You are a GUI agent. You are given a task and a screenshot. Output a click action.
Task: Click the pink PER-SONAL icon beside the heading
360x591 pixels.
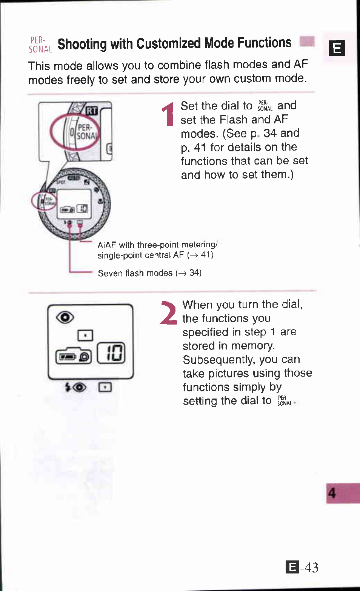click(40, 45)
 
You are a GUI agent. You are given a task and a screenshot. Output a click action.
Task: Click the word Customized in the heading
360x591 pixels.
click(168, 43)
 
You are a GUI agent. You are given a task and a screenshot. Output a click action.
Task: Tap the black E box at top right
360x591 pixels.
click(337, 48)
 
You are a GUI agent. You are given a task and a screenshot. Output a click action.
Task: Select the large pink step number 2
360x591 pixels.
click(168, 313)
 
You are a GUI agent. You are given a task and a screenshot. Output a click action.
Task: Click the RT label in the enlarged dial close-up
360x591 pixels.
click(92, 111)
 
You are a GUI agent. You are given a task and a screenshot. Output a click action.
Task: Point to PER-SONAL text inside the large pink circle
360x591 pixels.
click(86, 132)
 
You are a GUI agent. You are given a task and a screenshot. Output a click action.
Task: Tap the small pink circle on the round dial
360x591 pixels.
click(44, 201)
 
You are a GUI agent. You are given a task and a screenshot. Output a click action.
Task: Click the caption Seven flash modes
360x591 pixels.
click(135, 273)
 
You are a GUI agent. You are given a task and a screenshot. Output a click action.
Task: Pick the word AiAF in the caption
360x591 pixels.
click(106, 245)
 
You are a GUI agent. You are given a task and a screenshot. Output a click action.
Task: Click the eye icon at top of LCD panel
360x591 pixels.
click(65, 317)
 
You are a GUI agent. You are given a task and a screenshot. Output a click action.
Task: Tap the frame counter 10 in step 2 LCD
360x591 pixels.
click(111, 353)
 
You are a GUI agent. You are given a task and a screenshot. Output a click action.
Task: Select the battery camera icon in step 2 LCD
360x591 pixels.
click(74, 356)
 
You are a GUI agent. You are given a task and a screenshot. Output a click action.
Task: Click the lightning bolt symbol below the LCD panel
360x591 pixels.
click(68, 387)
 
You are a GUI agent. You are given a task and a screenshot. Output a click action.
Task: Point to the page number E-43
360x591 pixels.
click(302, 567)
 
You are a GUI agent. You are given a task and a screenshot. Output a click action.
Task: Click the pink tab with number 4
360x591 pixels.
click(342, 493)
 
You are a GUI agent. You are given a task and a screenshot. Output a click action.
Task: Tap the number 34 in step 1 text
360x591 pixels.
click(270, 133)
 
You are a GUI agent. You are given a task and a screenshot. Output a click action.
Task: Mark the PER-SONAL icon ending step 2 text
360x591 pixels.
click(285, 401)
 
